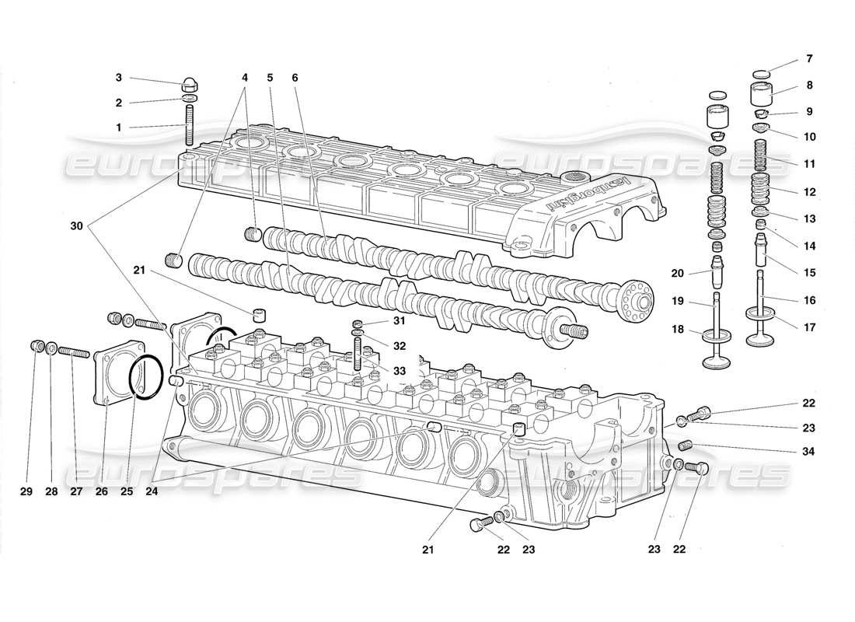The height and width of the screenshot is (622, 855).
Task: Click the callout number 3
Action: coord(119,77)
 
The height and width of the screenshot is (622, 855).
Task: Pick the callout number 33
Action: coord(399,372)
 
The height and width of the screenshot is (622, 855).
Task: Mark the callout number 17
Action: coord(809,327)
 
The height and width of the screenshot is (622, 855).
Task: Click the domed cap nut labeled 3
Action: coord(189,83)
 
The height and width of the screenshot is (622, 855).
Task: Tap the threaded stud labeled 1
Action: coord(189,125)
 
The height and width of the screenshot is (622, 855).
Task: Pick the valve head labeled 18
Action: coord(713,359)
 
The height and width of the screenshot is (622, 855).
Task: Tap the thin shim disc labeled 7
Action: coord(763,73)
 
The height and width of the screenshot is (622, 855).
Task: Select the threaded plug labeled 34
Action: coord(685,446)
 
